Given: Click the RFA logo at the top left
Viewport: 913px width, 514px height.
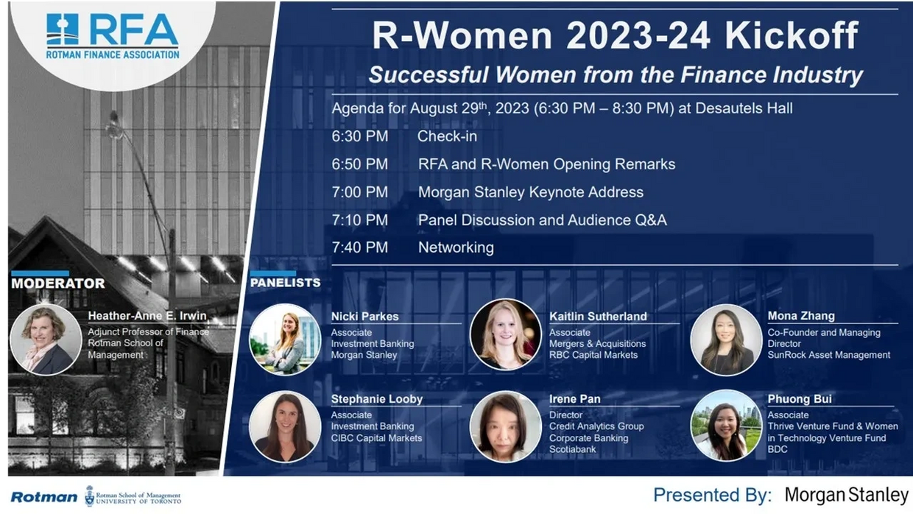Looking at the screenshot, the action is [x=113, y=36].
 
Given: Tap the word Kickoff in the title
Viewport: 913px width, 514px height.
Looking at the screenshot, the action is [x=792, y=35].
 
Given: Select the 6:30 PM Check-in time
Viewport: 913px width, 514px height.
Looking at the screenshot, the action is [x=359, y=136].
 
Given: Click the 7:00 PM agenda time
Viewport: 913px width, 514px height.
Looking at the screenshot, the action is [x=359, y=192].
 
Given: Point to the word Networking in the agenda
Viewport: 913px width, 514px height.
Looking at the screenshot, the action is [x=456, y=247].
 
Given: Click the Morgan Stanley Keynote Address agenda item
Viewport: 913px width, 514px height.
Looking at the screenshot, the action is [x=531, y=192].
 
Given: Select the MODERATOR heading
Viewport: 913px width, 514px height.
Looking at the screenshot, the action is [x=58, y=284].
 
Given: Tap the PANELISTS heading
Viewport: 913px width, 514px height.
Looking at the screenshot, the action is [x=286, y=283].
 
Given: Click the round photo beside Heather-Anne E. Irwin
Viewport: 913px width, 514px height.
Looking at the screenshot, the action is [x=46, y=339].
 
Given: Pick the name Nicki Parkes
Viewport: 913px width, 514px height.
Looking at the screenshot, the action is [x=364, y=317].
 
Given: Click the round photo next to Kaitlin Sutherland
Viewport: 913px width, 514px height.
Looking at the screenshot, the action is [x=505, y=334].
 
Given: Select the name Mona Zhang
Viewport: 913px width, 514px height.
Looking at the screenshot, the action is [x=801, y=316].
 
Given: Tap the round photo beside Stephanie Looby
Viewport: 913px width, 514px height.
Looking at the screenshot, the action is [x=285, y=426].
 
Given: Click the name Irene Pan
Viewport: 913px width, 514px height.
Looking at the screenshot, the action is [x=575, y=398].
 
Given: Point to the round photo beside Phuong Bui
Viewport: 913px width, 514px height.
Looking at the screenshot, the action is [x=726, y=425].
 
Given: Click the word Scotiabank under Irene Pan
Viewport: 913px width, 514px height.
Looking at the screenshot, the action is [x=572, y=449].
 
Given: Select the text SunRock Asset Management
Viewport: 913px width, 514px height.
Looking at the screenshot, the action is [x=828, y=355].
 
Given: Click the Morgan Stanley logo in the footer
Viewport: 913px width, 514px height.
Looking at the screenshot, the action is [x=847, y=495].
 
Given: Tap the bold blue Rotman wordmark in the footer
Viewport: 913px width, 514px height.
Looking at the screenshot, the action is [x=44, y=497].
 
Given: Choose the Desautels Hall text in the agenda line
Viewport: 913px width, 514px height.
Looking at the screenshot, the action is [x=744, y=108].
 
